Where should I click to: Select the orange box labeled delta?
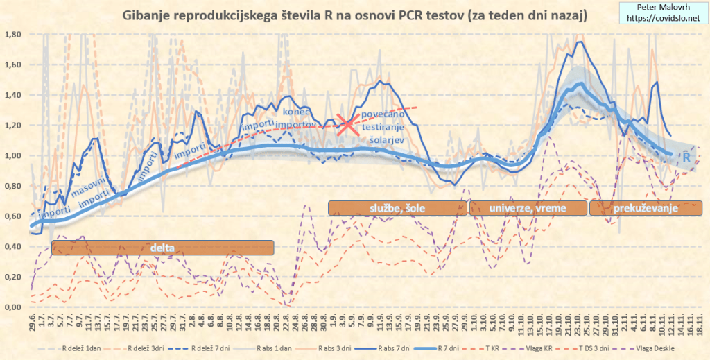tap(163, 247)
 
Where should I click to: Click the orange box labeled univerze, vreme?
tap(527, 207)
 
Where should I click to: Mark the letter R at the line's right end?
tap(686, 158)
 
